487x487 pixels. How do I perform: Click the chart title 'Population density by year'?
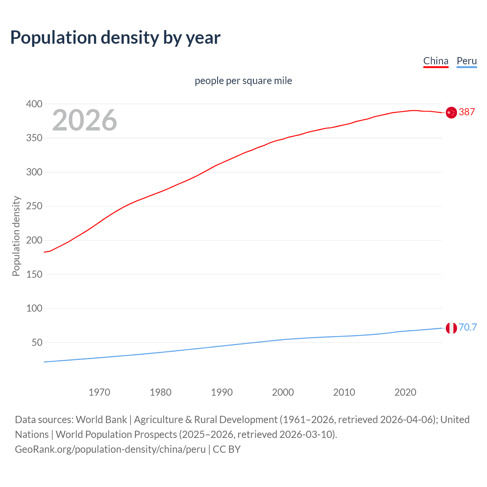(115, 38)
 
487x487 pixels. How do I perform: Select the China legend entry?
(436, 61)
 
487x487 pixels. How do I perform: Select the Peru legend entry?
(466, 61)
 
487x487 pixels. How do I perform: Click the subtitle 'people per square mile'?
(243, 81)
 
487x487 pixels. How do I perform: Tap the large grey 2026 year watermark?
(84, 120)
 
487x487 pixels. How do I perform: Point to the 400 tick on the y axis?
(34, 104)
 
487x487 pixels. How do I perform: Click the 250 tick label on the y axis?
(34, 206)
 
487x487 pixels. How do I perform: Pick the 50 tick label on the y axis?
(37, 342)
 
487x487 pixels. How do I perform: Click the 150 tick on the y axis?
(34, 274)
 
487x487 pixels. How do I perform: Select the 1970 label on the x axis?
(99, 392)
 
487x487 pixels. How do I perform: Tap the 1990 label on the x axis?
(222, 392)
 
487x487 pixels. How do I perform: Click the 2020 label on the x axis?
(405, 392)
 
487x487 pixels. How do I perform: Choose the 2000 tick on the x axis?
(283, 392)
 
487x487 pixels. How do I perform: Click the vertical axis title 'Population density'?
(16, 236)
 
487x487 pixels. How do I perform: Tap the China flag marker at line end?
(451, 113)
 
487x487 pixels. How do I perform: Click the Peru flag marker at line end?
(451, 328)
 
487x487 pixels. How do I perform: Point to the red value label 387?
(467, 112)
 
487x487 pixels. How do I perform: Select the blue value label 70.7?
(468, 327)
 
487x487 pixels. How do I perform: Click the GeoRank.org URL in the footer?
(110, 449)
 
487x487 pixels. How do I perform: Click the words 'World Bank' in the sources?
(101, 420)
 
